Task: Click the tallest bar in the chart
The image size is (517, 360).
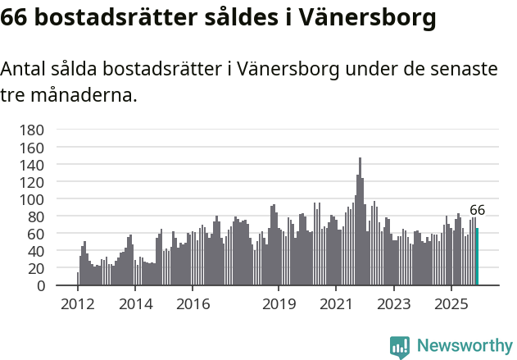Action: (360, 221)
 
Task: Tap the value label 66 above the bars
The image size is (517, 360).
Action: (477, 210)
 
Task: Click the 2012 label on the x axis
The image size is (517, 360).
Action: (78, 304)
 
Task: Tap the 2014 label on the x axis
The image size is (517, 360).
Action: (135, 304)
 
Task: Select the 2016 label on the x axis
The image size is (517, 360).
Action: (193, 304)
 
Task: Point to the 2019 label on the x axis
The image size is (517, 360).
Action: (279, 304)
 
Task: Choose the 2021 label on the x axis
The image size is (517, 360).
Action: (336, 304)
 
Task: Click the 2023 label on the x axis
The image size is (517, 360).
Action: (393, 304)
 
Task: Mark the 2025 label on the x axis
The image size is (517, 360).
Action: (451, 304)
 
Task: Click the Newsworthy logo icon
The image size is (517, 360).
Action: (400, 347)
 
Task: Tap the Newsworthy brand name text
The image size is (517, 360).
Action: (465, 346)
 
